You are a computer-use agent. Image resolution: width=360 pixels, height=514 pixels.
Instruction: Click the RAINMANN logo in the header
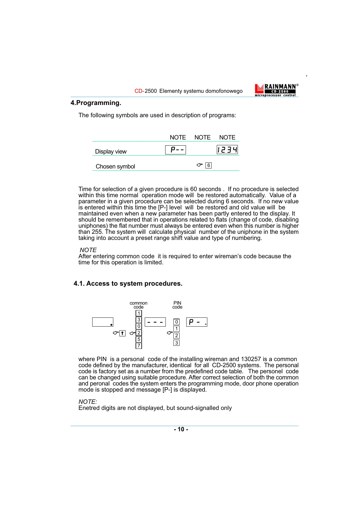pos(276,90)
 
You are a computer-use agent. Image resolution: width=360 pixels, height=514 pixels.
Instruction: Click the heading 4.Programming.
pos(96,103)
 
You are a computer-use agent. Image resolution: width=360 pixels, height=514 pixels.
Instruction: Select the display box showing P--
pos(176,150)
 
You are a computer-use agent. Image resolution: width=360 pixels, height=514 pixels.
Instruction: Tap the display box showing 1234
pos(227,150)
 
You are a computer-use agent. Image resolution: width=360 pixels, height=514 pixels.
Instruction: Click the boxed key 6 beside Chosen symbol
pos(209,165)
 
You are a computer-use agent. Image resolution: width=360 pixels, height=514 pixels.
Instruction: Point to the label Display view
pos(111,152)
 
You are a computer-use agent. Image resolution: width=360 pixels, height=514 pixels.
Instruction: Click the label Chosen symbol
pos(115,167)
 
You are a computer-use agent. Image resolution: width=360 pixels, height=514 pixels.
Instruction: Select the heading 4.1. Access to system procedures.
pos(128,284)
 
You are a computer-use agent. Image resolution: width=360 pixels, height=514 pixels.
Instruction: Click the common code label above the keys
pos(138,305)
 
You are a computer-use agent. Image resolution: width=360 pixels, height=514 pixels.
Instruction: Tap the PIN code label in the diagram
pos(177,305)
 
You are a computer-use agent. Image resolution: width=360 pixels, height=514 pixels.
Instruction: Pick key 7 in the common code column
pos(139,346)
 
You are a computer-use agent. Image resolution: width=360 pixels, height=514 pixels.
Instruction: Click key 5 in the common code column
pos(139,339)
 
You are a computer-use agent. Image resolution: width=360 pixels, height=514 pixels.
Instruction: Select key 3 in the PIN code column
pos(176,343)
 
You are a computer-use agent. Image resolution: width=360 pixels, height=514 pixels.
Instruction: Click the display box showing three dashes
pos(155,322)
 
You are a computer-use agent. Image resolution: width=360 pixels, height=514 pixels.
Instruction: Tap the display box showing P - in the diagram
pos(197,322)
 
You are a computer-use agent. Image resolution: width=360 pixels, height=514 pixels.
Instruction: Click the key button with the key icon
pos(122,333)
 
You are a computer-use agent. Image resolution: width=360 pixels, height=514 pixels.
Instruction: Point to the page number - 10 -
pos(181,429)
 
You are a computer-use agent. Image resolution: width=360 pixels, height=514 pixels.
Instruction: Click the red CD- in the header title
pos(139,91)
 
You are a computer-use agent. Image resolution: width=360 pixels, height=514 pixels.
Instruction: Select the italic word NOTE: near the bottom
pos(88,402)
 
